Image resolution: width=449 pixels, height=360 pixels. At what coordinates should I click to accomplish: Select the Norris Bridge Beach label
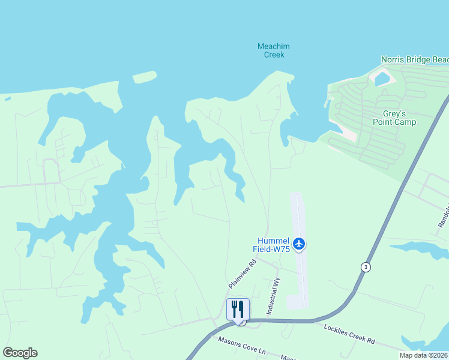[x=415, y=60]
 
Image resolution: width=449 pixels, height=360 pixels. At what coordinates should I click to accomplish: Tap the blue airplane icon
[x=300, y=244]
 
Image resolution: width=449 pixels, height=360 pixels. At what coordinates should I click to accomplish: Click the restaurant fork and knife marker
[x=238, y=310]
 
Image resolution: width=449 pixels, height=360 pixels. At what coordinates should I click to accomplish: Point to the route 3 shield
[x=366, y=266]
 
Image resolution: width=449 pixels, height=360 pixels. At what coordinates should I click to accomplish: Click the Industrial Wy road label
[x=273, y=299]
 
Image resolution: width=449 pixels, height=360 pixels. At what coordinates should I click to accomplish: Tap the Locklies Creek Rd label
[x=349, y=334]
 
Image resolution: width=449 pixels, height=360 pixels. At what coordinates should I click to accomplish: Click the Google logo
[x=20, y=353]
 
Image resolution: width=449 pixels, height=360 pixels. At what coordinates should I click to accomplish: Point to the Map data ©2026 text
[x=424, y=355]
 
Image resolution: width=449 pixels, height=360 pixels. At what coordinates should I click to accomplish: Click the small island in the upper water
[x=144, y=77]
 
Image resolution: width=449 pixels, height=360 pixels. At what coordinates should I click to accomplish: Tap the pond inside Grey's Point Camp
[x=381, y=78]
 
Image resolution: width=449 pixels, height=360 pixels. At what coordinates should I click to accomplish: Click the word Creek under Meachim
[x=274, y=55]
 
